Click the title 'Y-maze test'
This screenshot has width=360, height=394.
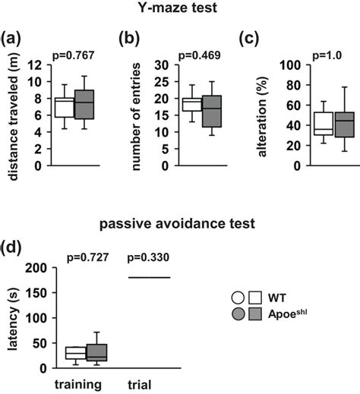[179, 9]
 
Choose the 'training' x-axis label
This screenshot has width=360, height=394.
[78, 384]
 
